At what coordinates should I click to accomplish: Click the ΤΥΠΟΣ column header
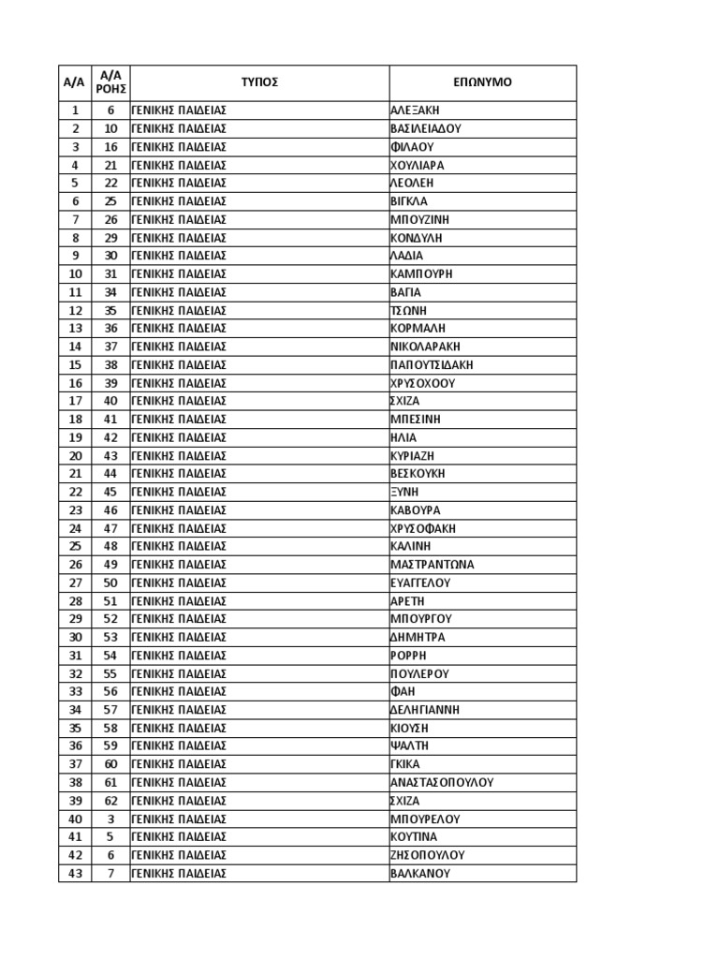[x=259, y=82]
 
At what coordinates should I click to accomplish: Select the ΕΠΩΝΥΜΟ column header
[x=482, y=82]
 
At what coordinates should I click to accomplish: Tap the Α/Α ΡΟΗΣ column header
[x=110, y=82]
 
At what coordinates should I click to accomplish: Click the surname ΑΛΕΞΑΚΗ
[x=414, y=111]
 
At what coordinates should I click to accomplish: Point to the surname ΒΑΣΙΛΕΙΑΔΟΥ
[x=426, y=128]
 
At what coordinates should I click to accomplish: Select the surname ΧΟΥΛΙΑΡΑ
[x=417, y=165]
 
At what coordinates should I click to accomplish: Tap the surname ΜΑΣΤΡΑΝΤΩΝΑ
[x=432, y=565]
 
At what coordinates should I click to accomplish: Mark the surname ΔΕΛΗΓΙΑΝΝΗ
[x=425, y=710]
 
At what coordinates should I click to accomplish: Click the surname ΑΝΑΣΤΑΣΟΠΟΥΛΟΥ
[x=441, y=782]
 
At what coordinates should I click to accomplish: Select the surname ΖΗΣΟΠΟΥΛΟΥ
[x=427, y=855]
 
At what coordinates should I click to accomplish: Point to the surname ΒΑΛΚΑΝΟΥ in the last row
[x=420, y=873]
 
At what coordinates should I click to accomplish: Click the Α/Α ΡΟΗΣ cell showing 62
[x=110, y=801]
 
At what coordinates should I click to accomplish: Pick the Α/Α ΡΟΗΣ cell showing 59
[x=110, y=746]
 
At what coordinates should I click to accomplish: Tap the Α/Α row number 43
[x=75, y=873]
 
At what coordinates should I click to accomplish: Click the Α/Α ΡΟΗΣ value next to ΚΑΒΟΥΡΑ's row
[x=110, y=510]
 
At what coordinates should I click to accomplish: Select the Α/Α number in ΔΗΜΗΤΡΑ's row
[x=75, y=637]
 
